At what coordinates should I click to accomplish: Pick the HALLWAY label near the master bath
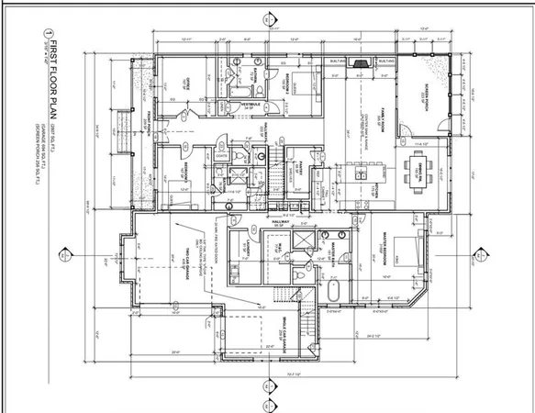pos(281,222)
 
